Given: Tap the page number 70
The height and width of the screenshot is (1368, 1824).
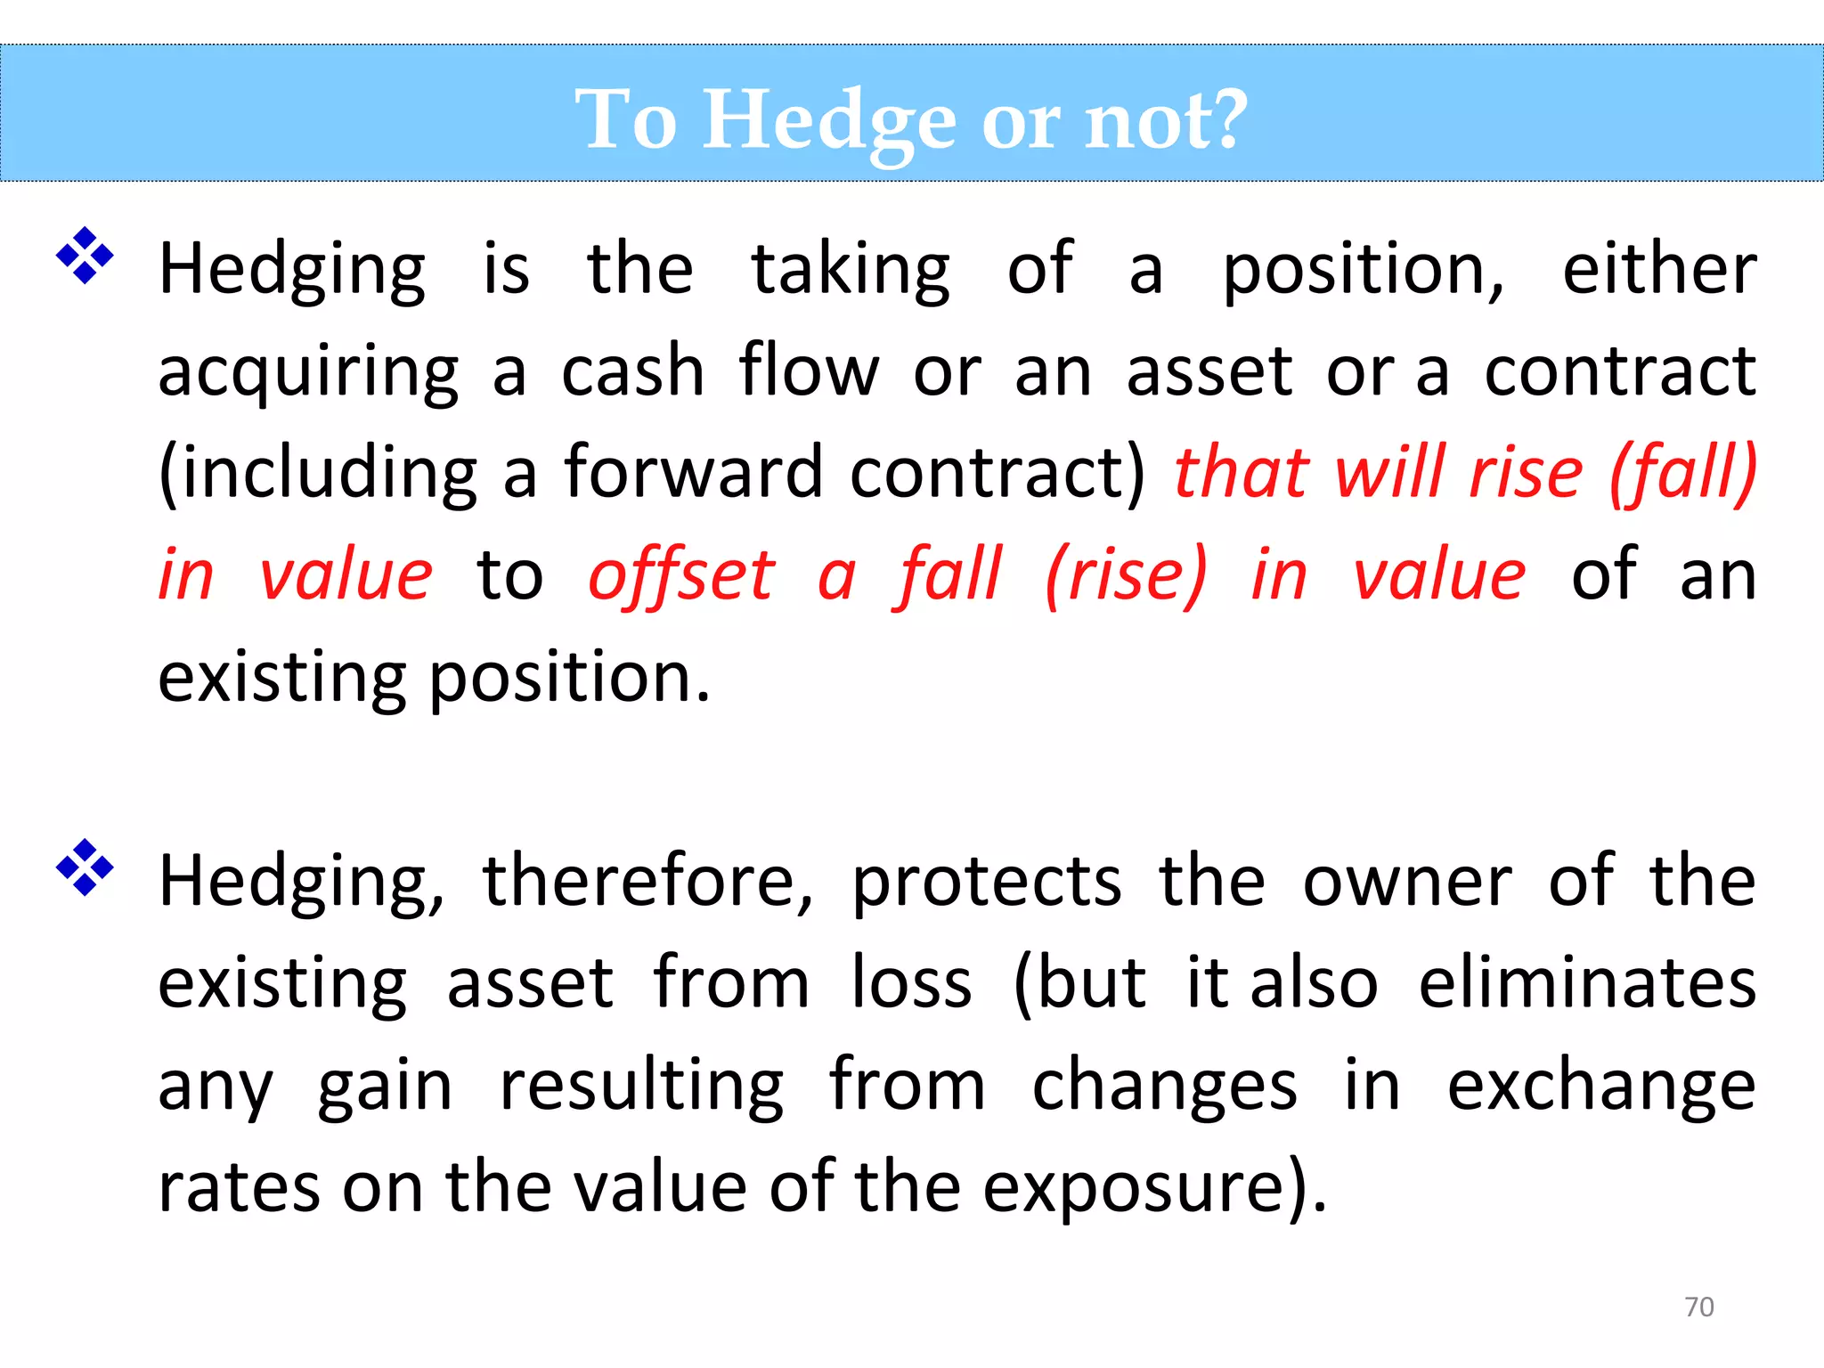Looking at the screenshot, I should pyautogui.click(x=1698, y=1307).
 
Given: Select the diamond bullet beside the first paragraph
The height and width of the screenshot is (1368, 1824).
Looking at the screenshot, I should pyautogui.click(x=85, y=256).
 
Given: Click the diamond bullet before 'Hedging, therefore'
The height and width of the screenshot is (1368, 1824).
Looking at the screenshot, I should pyautogui.click(x=85, y=867).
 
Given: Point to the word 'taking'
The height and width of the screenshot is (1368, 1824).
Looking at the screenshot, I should pyautogui.click(x=851, y=269).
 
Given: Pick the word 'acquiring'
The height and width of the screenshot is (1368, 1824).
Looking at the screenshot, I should pyautogui.click(x=308, y=371).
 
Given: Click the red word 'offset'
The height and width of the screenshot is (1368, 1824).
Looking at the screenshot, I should pyautogui.click(x=681, y=575).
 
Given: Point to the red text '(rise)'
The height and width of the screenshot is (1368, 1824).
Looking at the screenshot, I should pyautogui.click(x=1126, y=575).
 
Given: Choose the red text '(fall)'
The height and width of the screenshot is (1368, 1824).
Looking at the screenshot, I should pyautogui.click(x=1682, y=472).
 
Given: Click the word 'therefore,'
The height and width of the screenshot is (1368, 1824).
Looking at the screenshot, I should pyautogui.click(x=647, y=881).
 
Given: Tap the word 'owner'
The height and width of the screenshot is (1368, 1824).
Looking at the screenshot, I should pyautogui.click(x=1407, y=882).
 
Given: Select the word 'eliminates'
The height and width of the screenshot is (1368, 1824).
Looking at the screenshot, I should pyautogui.click(x=1587, y=983).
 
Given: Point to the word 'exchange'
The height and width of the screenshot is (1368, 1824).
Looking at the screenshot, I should pyautogui.click(x=1600, y=1087).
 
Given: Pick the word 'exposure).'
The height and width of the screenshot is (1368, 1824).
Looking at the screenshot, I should pyautogui.click(x=1154, y=1188).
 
